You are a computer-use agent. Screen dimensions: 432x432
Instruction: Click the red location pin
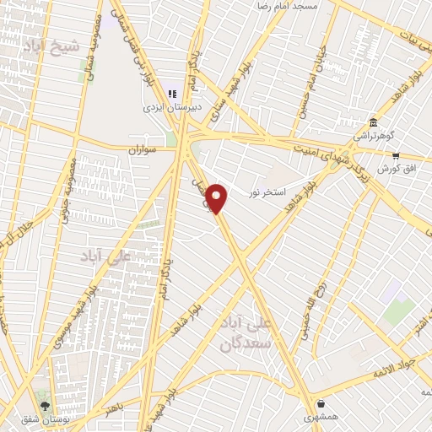point(218,198)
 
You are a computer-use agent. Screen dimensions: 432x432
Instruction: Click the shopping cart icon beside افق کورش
point(395,155)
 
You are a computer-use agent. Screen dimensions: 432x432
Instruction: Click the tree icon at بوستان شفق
point(46,404)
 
